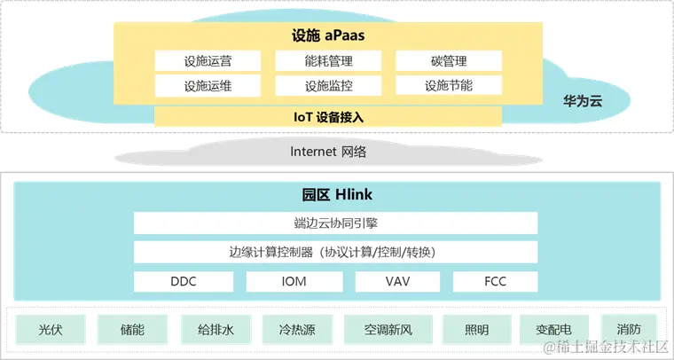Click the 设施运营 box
208,61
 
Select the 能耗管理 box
328,61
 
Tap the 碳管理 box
448,61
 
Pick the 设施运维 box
208,86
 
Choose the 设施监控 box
328,86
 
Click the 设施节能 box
448,86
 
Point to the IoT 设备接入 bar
328,116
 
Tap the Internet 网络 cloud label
328,152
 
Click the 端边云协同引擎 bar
335,223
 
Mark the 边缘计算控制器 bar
335,252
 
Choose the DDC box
184,281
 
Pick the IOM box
293,281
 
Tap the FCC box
495,281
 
